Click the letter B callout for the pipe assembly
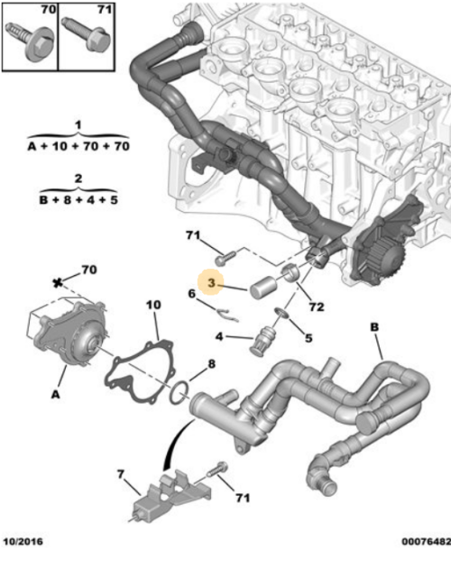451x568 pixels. point(373,327)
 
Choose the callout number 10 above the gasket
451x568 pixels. point(152,306)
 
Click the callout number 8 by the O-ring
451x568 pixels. point(211,365)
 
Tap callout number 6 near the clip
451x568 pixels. point(192,293)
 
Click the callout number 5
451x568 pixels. point(308,339)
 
